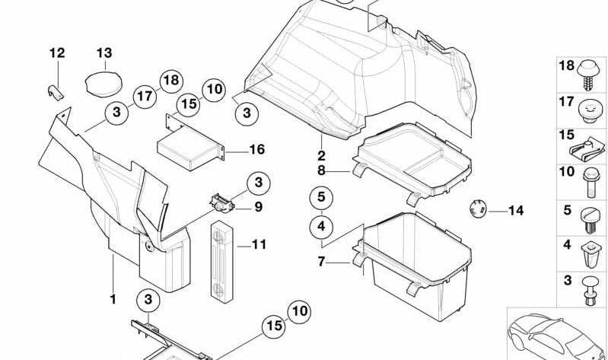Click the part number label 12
click(x=57, y=53)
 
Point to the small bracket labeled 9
click(x=221, y=202)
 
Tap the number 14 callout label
click(x=516, y=210)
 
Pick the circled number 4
click(x=321, y=226)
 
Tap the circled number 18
click(x=172, y=80)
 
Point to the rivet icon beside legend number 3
click(x=590, y=290)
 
